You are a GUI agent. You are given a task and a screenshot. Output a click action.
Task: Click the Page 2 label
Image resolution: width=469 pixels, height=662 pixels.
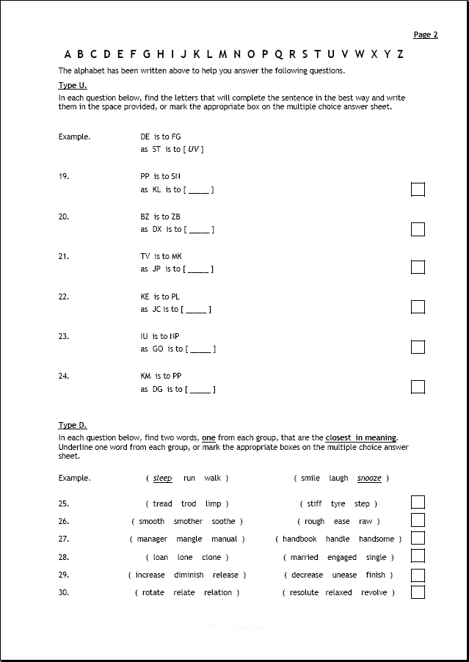click(426, 34)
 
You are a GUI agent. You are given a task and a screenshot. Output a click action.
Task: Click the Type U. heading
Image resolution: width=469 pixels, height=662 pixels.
click(72, 85)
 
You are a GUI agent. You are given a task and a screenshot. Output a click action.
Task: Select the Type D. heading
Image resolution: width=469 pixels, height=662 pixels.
click(73, 425)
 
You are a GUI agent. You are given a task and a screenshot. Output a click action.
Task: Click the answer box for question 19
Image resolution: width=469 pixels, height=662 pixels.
click(418, 189)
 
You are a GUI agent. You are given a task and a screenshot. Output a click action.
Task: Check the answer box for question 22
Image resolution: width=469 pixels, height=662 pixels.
click(418, 307)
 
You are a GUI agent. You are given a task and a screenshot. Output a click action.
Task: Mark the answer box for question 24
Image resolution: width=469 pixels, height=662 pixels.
click(418, 387)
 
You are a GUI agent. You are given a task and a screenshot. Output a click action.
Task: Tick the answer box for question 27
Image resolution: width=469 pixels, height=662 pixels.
click(418, 538)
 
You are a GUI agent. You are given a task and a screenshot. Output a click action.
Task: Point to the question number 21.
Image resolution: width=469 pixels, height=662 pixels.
click(64, 256)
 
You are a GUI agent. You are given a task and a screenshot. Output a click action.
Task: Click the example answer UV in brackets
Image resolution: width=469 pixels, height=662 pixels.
click(194, 150)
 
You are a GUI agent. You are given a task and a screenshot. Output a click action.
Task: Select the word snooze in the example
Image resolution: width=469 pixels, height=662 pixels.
click(369, 479)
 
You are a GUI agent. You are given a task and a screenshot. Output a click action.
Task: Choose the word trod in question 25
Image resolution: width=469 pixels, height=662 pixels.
click(189, 503)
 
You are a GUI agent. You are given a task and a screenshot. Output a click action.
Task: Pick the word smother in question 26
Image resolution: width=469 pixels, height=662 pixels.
click(188, 521)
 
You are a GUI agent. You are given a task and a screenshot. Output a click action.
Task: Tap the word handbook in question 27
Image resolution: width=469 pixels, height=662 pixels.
click(300, 539)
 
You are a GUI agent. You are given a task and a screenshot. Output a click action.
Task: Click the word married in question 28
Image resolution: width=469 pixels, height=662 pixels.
click(305, 557)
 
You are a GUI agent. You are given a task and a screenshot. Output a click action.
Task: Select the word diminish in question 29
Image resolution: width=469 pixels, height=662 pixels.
click(189, 575)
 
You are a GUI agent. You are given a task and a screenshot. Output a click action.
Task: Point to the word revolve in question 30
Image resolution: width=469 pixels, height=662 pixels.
click(374, 592)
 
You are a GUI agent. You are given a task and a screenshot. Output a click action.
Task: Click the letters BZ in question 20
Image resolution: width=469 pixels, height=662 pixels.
click(145, 217)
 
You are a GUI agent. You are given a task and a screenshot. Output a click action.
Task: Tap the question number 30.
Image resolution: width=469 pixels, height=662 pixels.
click(64, 592)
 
